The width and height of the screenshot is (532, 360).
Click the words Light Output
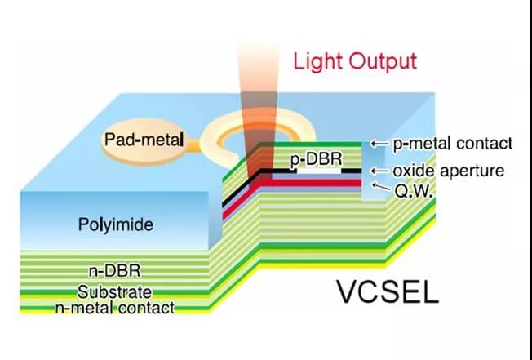click(355, 61)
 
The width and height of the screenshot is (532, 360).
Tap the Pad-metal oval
click(145, 141)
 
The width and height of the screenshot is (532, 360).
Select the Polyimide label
click(116, 224)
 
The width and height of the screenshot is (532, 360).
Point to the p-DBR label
click(317, 159)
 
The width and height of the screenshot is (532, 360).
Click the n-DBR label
click(115, 271)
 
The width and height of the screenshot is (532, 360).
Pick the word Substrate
click(115, 292)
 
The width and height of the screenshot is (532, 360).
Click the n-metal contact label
click(115, 308)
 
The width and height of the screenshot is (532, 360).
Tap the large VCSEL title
click(388, 291)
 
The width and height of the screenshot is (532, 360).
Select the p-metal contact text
click(452, 144)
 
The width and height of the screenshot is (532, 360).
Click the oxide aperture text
click(448, 171)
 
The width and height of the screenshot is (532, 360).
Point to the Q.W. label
click(414, 192)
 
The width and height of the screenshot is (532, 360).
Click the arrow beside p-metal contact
click(379, 144)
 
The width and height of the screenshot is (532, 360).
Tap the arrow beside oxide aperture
click(379, 171)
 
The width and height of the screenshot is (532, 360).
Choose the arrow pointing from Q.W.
click(381, 187)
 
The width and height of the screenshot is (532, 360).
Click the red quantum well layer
click(309, 183)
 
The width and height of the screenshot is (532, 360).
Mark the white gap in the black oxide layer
click(319, 171)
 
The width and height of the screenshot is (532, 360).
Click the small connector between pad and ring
click(193, 145)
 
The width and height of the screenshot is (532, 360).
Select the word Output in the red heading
click(383, 61)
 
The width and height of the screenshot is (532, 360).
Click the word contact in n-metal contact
click(147, 308)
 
